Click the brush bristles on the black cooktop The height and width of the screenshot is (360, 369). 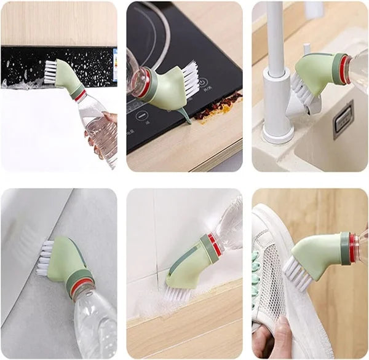187,79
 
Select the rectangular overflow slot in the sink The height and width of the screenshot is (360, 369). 343,118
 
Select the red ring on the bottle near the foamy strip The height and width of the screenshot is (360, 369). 81,96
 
